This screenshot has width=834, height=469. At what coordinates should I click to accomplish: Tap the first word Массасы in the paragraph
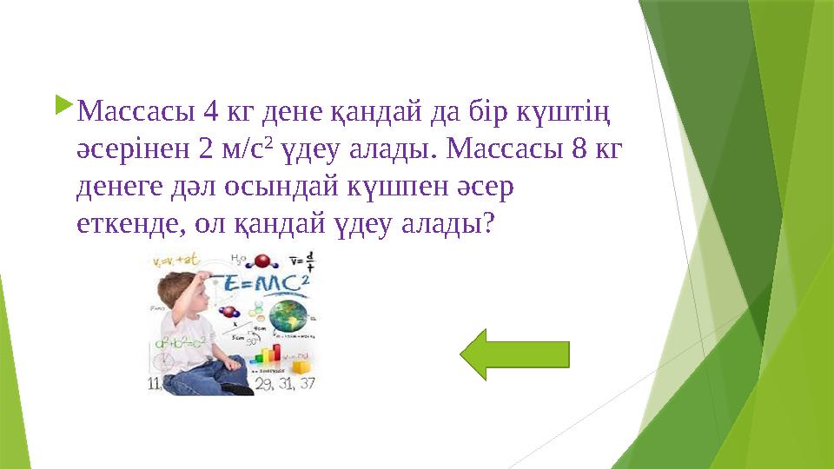136,113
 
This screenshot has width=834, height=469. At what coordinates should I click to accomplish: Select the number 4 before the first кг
209,113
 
